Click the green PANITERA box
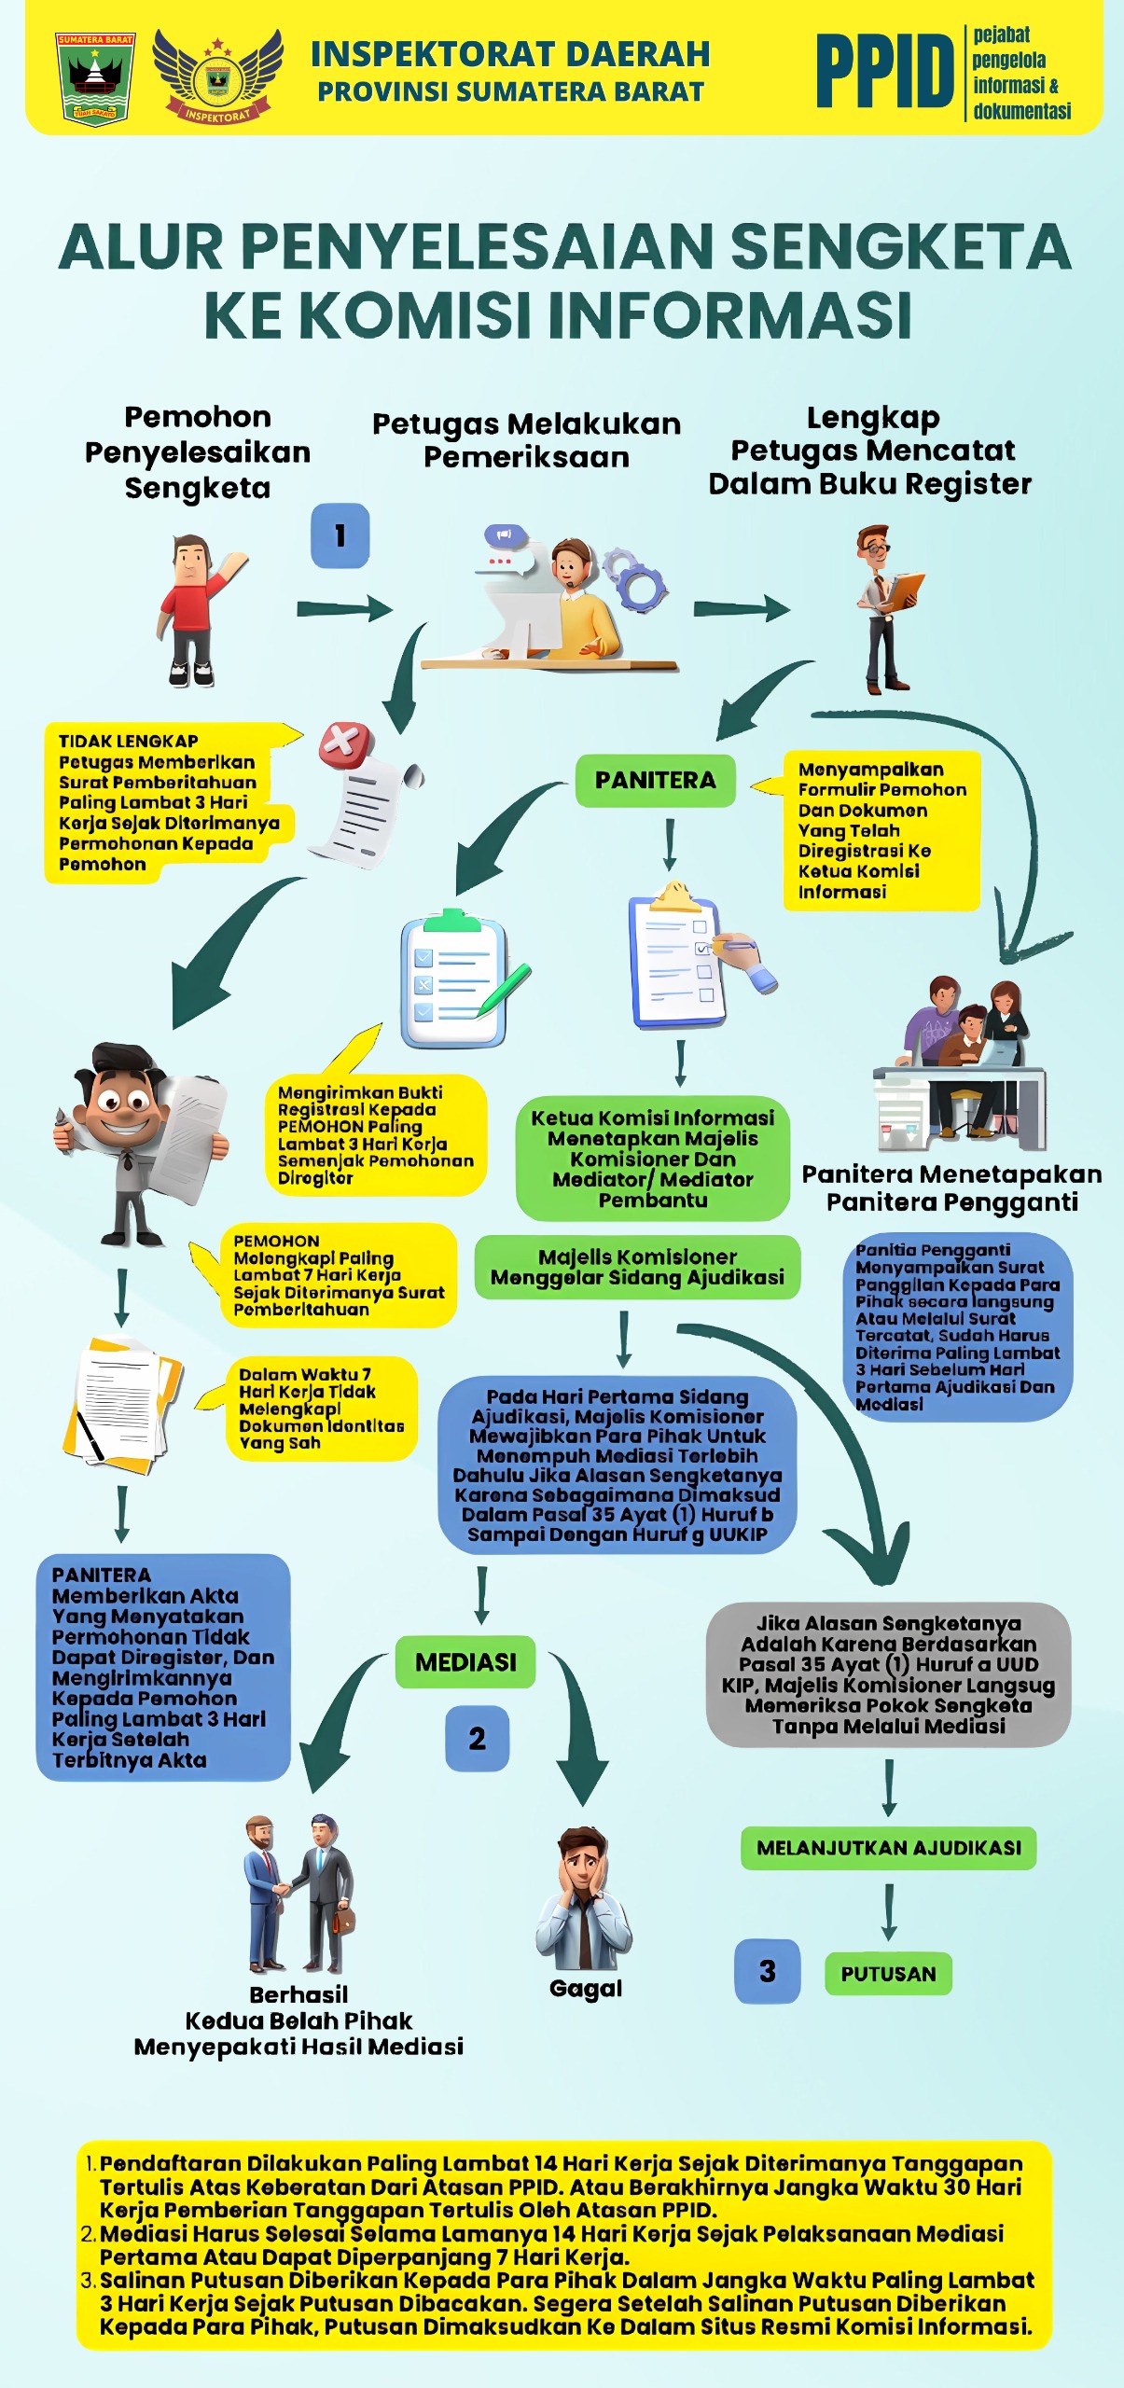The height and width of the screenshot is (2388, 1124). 655,780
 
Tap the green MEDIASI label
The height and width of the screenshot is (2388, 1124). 465,1661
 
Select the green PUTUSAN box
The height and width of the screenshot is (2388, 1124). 888,1973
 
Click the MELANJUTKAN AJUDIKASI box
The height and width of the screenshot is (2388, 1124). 888,1847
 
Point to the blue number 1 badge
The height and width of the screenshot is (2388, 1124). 340,535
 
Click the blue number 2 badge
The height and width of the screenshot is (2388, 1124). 477,1738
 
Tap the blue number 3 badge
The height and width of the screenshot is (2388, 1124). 767,1971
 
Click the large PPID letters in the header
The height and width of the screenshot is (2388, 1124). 884,72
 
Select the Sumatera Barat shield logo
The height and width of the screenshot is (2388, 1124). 96,78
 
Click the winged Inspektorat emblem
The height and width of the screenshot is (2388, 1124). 218,76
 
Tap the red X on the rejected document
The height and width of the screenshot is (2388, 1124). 342,743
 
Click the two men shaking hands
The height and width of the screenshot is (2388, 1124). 298,1894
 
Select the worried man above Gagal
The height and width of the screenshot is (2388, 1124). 584,1898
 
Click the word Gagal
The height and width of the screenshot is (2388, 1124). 586,1988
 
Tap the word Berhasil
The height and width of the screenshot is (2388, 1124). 298,1994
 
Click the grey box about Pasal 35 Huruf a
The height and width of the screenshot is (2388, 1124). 888,1674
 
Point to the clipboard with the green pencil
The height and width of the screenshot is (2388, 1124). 457,979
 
